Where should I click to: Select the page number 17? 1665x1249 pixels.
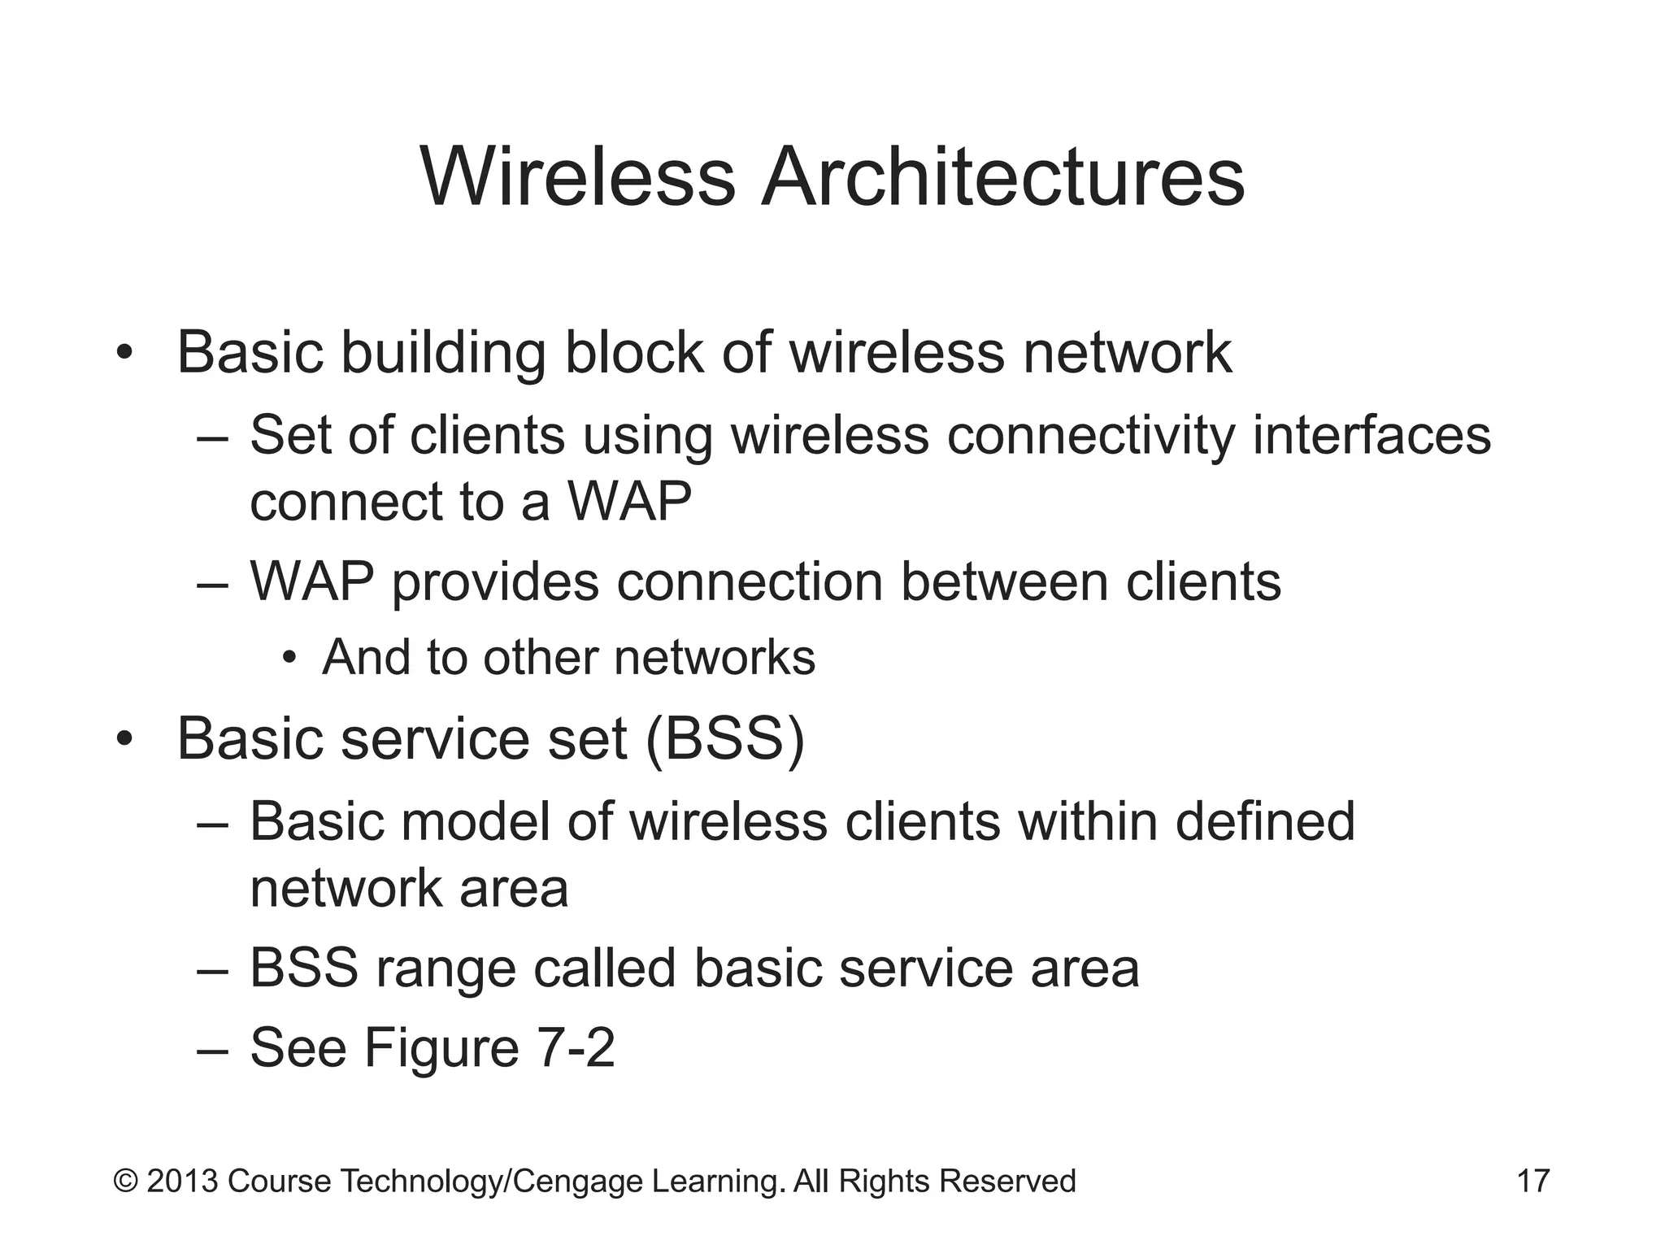click(1533, 1181)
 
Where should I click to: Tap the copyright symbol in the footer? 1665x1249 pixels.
click(125, 1181)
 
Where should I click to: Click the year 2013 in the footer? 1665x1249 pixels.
click(182, 1181)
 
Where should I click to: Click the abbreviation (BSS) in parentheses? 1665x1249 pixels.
click(725, 739)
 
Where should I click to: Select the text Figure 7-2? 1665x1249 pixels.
click(489, 1047)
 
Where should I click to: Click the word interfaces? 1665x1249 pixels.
click(1372, 435)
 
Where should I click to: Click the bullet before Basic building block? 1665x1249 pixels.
click(123, 354)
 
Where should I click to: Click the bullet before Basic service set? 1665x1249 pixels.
click(123, 740)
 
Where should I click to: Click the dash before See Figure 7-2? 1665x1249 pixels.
click(213, 1049)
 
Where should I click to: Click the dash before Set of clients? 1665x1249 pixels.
click(213, 437)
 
